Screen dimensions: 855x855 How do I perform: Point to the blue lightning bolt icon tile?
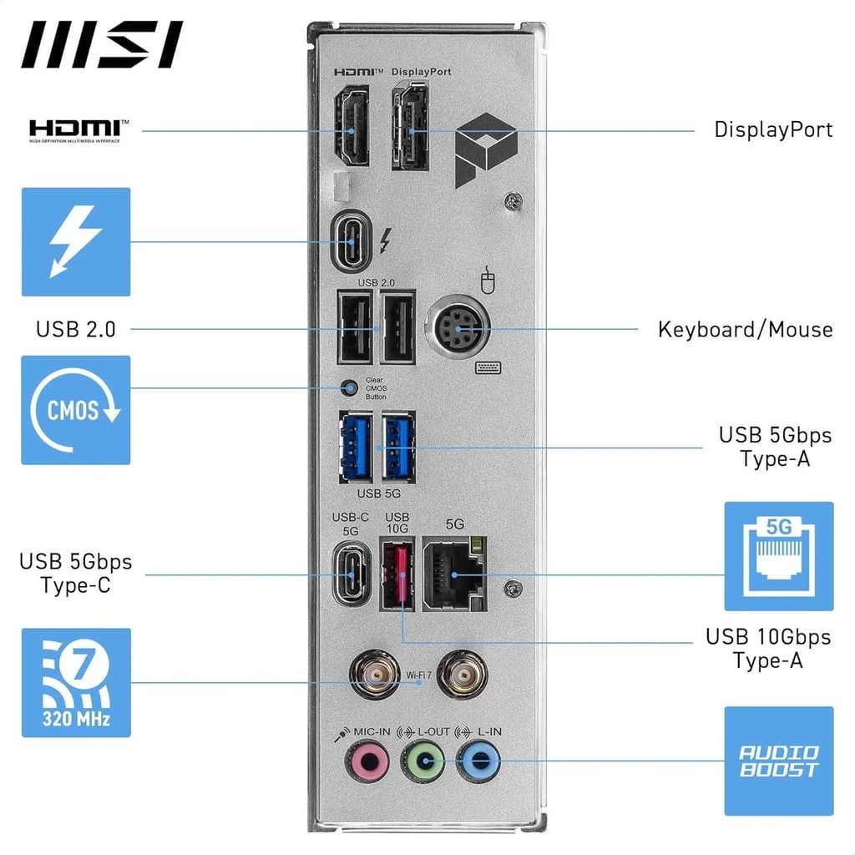coord(76,241)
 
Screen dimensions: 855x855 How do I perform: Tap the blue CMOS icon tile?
coord(76,410)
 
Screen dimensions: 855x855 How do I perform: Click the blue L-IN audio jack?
coord(479,761)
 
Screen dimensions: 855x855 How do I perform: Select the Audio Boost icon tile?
coord(778,761)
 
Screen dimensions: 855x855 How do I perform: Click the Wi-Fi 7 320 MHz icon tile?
coord(76,682)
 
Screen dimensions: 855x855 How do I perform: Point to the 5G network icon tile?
coord(778,556)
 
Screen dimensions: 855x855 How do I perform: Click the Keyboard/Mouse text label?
coord(745,329)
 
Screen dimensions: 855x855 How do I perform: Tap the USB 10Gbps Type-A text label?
coord(768,649)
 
